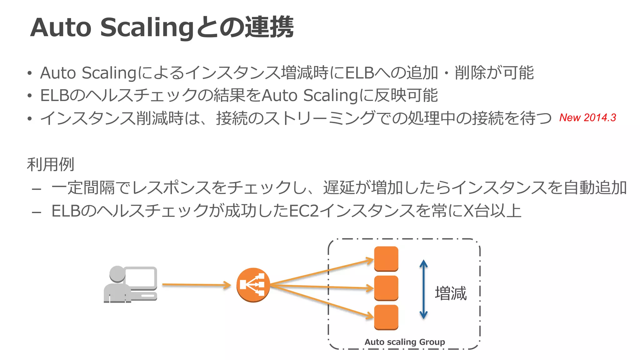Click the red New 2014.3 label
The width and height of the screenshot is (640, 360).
point(587,117)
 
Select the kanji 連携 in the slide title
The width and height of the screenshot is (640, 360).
point(269,27)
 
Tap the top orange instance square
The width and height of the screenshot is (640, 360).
point(386,258)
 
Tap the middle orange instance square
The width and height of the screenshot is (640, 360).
point(386,288)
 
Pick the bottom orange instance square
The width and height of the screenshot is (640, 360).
point(386,317)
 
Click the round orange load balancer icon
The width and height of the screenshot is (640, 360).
point(253,285)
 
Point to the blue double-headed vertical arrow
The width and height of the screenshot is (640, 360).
point(423,289)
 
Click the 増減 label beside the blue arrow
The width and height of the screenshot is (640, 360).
point(451,293)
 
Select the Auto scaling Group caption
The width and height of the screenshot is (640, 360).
point(405,342)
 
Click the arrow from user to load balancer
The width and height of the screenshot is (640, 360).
point(196,285)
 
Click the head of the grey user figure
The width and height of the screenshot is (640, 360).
point(117,273)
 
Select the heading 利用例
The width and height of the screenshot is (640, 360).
point(50,164)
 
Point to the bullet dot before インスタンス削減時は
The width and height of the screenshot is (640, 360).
point(29,118)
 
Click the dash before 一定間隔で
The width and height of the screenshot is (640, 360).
point(37,189)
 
